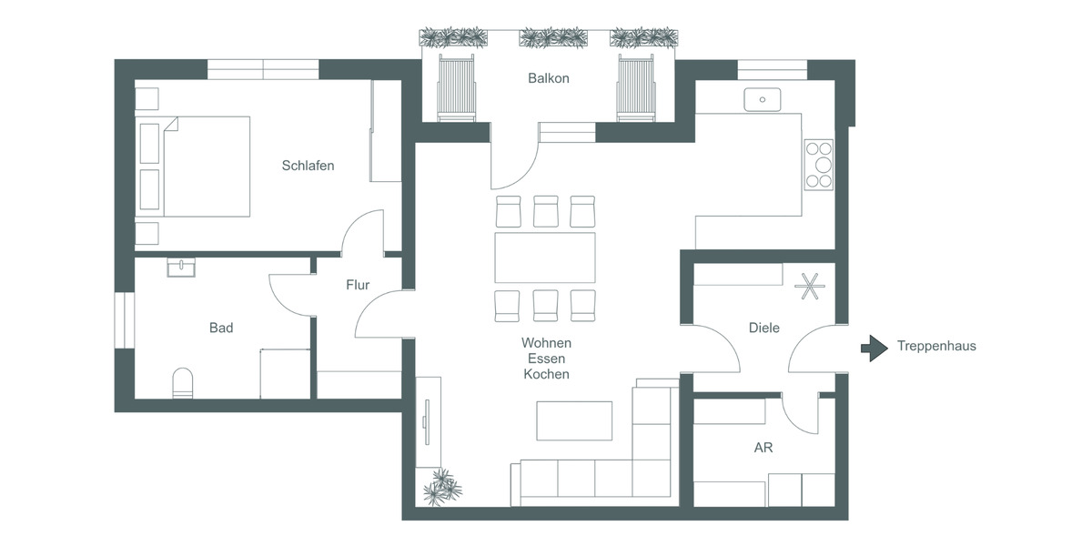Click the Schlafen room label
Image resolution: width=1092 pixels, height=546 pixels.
pos(308,166)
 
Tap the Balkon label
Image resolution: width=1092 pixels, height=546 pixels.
pos(548,78)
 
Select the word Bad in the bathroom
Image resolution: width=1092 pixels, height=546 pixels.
pos(221,328)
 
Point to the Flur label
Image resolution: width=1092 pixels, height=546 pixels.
pos(358,285)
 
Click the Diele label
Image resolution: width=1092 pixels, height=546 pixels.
pos(763,328)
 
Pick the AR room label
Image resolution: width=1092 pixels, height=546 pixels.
pos(763,449)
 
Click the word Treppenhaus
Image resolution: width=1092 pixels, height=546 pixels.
pos(936,346)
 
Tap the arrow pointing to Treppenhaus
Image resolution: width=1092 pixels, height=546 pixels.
pos(874,347)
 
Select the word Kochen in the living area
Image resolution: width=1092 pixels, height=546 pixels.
pos(546,374)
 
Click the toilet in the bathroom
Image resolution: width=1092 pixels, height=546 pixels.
pos(183,383)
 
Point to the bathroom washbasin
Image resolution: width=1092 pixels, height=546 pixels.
pos(182,267)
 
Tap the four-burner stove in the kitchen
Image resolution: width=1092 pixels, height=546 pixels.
pos(819,164)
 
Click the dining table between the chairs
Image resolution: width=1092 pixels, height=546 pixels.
pos(544,258)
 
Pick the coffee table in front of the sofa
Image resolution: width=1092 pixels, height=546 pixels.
pos(574,420)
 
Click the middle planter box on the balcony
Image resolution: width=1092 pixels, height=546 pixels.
pos(552,37)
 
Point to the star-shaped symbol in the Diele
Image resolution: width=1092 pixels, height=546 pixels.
pos(807,287)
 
